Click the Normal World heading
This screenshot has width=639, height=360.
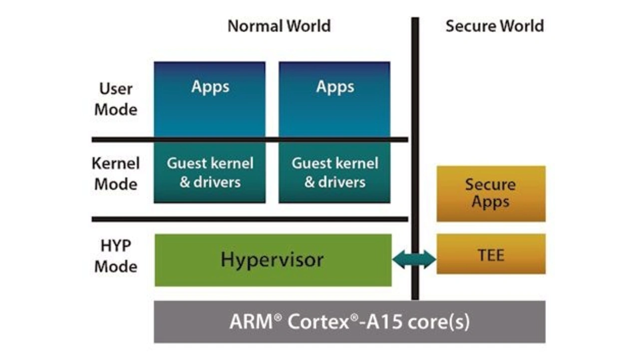point(279,26)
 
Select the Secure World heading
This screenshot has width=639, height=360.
point(494,26)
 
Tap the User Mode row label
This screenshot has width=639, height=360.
point(116,99)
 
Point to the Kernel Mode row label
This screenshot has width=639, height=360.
point(116,173)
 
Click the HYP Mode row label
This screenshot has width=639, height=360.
point(116,256)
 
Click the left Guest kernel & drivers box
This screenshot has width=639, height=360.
point(210,173)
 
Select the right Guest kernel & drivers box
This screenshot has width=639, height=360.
point(334,173)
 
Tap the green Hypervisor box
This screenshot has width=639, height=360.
point(273,260)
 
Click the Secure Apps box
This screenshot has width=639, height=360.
point(491,194)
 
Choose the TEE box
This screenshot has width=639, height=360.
point(491,254)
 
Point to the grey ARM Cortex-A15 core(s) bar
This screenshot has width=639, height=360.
point(349,322)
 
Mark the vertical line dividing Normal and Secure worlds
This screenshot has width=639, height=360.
point(415,100)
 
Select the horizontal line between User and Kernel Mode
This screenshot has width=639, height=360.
point(250,139)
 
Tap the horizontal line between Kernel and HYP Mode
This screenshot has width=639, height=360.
point(250,219)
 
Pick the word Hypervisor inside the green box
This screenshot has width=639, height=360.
point(273,260)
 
